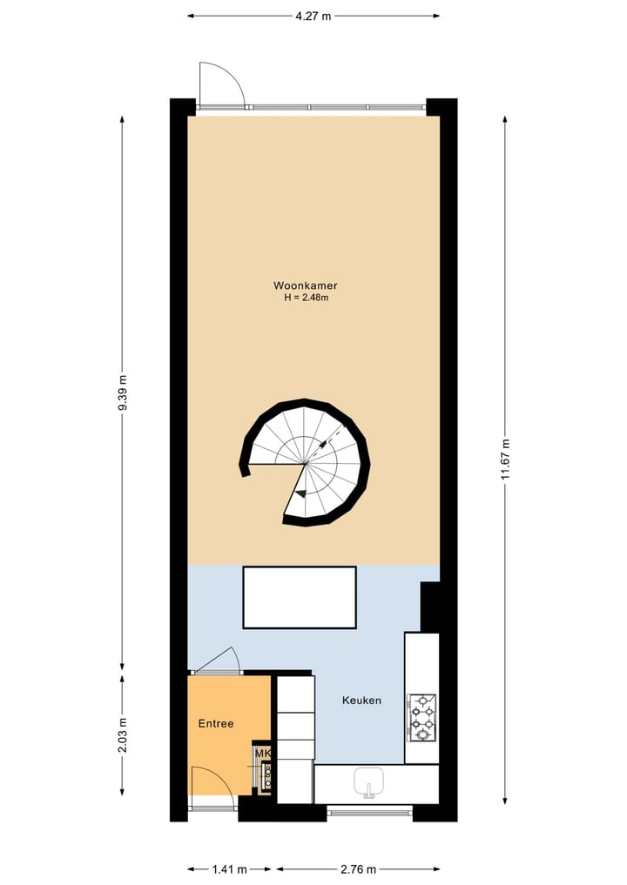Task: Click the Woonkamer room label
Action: (305, 285)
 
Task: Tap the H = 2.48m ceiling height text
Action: (305, 298)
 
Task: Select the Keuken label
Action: (361, 700)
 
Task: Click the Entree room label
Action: (216, 723)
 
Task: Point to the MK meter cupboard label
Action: (262, 753)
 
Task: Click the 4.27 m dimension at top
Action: (313, 15)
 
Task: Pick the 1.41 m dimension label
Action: (230, 868)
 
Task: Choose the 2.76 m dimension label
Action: (358, 868)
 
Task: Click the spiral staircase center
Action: (305, 462)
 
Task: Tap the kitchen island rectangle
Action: (300, 597)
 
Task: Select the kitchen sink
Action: (369, 783)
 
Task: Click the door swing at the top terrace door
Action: (221, 84)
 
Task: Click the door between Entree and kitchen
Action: (216, 661)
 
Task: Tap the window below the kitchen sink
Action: (370, 812)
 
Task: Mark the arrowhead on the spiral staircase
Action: (299, 493)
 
